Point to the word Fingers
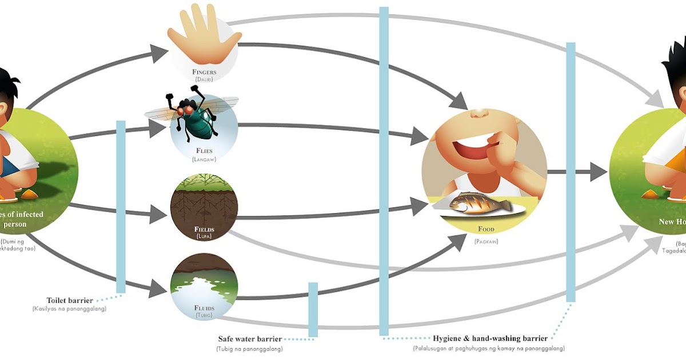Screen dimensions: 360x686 point(204,73)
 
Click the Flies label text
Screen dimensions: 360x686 point(204,151)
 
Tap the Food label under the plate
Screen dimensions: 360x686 point(486,230)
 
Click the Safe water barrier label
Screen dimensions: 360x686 point(250,339)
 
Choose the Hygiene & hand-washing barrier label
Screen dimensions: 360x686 point(490,339)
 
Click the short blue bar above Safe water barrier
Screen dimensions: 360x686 point(313,309)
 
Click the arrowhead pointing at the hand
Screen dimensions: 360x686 point(162,53)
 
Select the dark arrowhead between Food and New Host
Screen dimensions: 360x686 point(599,171)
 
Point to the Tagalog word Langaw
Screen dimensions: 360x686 point(204,159)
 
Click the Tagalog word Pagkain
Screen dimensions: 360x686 point(486,242)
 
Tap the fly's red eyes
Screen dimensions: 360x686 point(186,108)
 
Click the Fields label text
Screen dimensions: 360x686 point(204,230)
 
